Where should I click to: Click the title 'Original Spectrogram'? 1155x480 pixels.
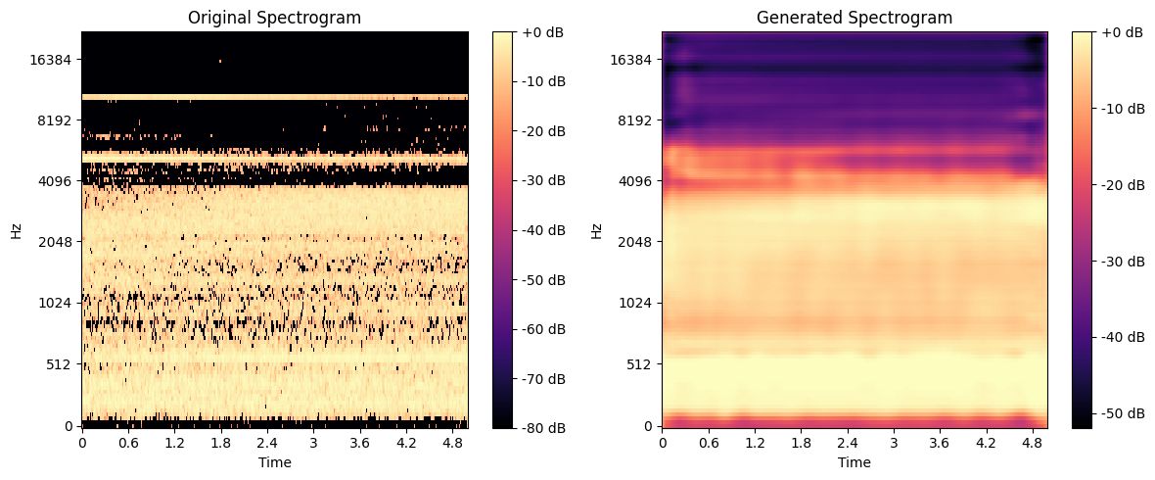click(x=274, y=17)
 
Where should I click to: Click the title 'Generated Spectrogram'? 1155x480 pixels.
click(x=855, y=17)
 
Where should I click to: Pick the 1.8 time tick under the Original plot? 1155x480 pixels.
click(x=220, y=442)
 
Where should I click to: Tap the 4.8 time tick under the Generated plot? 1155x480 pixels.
click(x=1032, y=442)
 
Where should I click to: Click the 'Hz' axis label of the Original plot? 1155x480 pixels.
click(x=15, y=230)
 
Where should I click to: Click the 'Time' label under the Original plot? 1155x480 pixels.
click(x=274, y=461)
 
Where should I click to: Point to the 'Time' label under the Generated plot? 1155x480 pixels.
click(x=855, y=461)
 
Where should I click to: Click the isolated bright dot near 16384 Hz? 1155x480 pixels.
click(x=219, y=61)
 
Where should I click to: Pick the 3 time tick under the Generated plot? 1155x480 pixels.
click(x=894, y=442)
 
